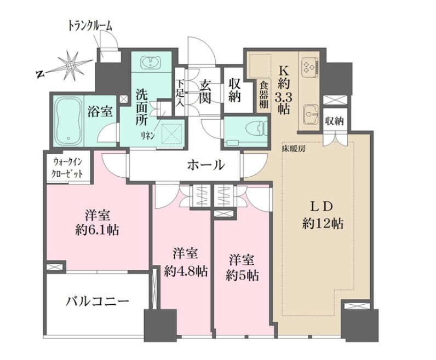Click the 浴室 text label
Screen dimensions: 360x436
click(x=100, y=112)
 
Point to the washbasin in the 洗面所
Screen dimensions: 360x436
click(x=150, y=62)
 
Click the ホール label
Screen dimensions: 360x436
click(x=206, y=164)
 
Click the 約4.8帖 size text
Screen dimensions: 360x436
click(x=186, y=271)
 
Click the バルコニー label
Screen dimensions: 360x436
click(x=97, y=301)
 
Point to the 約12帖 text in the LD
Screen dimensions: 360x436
click(x=323, y=224)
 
